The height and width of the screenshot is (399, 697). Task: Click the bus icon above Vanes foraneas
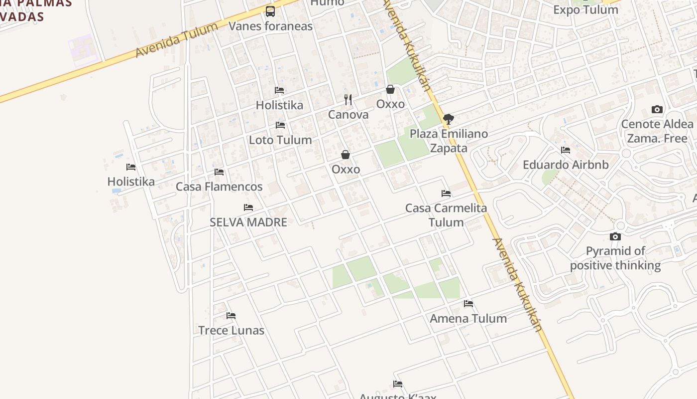[x=270, y=11]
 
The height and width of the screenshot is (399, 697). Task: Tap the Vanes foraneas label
[x=270, y=26]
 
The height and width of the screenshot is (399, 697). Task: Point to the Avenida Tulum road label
[x=176, y=40]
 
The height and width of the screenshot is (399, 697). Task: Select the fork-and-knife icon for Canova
[x=348, y=100]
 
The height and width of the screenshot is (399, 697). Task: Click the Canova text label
[x=348, y=115]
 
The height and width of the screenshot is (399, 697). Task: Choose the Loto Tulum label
[x=280, y=140]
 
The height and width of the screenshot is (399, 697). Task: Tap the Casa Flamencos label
[x=219, y=187]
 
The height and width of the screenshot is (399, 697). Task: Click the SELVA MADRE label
[x=248, y=222]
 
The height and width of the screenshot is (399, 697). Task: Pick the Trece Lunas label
[x=231, y=330]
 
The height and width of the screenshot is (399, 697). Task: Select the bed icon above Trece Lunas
[x=231, y=316]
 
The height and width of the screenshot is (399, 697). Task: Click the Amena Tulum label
[x=468, y=318]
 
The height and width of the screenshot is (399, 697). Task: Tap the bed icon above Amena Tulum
[x=468, y=303]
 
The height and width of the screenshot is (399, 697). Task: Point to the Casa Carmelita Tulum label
[x=446, y=215]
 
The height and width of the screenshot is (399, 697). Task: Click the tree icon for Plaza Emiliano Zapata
[x=449, y=119]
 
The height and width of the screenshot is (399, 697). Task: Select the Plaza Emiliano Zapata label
[x=449, y=141]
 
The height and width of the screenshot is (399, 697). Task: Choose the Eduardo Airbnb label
[x=566, y=165]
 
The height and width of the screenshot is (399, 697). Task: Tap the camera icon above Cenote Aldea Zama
[x=657, y=110]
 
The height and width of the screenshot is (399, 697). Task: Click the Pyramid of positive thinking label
[x=615, y=258]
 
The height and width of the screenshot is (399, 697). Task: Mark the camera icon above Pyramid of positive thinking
[x=615, y=236]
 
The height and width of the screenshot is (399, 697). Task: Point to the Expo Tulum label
[x=585, y=10]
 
